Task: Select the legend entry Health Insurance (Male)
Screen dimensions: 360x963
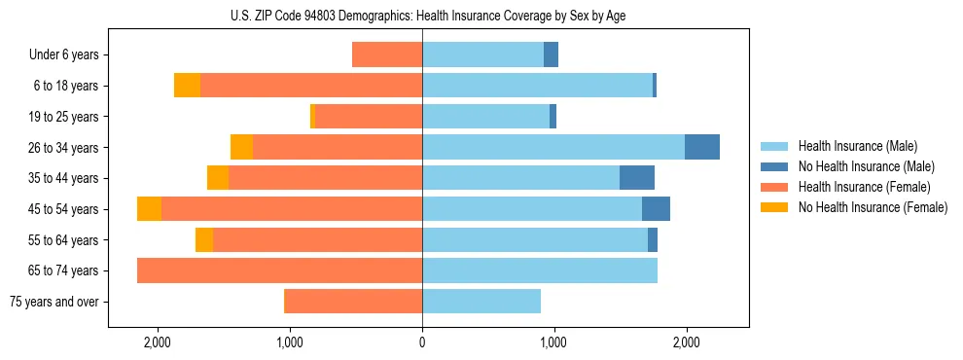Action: pos(852,146)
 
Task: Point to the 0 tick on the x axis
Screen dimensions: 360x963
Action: pos(422,342)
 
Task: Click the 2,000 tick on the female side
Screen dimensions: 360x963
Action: pos(158,342)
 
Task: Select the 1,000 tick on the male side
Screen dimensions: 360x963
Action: pos(553,342)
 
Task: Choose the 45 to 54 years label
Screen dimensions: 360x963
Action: pos(66,209)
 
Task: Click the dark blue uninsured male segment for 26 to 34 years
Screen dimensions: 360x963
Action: pos(702,147)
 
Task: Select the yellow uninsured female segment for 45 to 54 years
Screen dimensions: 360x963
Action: pos(149,209)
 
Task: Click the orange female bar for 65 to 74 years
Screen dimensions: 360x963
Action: pos(279,270)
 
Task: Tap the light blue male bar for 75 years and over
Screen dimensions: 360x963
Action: pos(481,302)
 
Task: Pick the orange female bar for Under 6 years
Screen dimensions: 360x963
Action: pos(387,54)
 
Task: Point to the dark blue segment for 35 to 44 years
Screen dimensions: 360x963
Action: pos(637,178)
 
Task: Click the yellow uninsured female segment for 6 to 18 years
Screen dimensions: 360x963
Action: pos(187,86)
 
